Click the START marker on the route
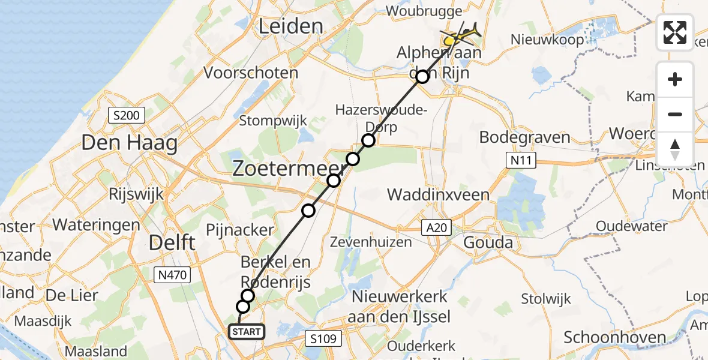(246, 332)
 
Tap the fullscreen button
(675, 32)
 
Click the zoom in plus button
(675, 79)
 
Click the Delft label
(171, 243)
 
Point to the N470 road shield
(172, 275)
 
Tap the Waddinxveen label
(438, 195)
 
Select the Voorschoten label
(251, 73)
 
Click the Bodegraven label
(524, 137)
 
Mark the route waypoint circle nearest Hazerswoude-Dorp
(368, 140)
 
